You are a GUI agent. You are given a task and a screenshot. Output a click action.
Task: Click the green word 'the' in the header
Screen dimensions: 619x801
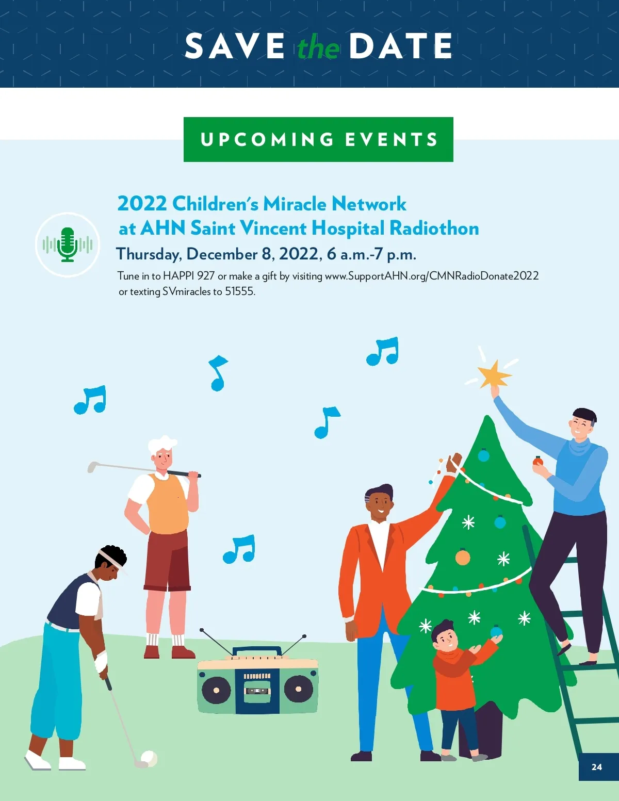[x=319, y=47]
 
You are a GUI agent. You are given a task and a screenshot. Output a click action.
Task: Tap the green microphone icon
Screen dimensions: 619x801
[x=68, y=244]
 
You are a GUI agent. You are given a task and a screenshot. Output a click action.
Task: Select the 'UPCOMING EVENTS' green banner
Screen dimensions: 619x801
[x=318, y=139]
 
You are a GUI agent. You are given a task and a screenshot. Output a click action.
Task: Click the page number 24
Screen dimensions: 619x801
[x=596, y=767]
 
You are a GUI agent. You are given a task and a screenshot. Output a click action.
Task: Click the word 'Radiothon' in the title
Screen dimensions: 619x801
[x=434, y=228]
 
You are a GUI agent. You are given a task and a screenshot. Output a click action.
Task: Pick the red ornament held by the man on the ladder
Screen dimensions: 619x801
[x=538, y=461]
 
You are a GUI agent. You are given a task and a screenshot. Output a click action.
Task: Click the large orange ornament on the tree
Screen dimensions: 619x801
[x=463, y=558]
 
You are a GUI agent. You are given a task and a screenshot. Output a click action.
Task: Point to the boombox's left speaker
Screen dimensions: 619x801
[x=216, y=690]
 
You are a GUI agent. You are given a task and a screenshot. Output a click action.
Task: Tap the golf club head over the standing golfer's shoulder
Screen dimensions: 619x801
[x=92, y=467]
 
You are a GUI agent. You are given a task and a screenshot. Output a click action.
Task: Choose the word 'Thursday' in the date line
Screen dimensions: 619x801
[x=149, y=254]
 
